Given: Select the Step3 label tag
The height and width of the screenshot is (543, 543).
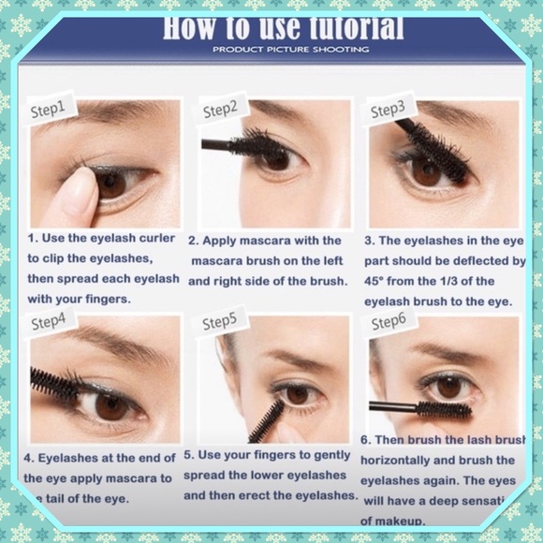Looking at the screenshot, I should coord(387,110).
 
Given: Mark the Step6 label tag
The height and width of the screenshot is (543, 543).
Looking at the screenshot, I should coord(388,323).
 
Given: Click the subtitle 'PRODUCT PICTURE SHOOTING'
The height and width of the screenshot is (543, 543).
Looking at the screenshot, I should coord(290,49).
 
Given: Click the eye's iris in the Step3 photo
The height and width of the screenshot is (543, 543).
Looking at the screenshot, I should coord(427,171).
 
